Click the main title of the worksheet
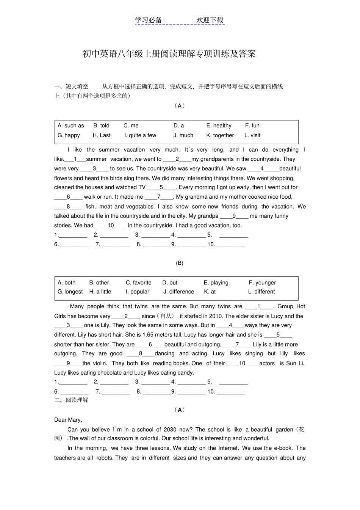pos(169,54)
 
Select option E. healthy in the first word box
pos(219,126)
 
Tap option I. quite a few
pos(140,135)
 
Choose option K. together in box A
pos(220,135)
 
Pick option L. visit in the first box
pos(252,135)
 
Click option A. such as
pos(71,126)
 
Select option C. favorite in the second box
pos(138,282)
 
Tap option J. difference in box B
pos(178,292)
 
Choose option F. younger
pos(262,282)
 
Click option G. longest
pos(70,292)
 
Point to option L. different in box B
pos(261,292)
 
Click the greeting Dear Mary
pos(68,420)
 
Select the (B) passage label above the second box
pos(179,263)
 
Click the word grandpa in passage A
pos(208,216)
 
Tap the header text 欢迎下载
pos(210,20)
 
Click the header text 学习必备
pos(149,20)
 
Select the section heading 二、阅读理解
pos(71,400)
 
